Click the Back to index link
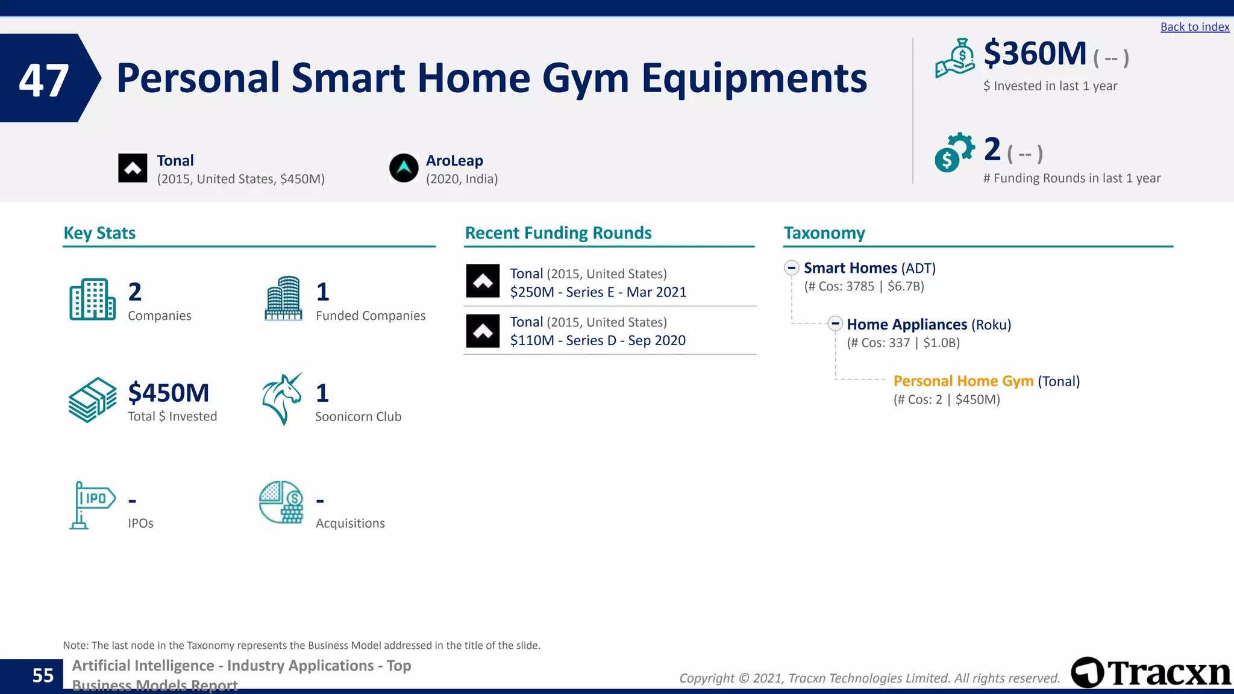coord(1194,27)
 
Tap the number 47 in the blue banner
coord(43,80)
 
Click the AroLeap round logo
coord(404,168)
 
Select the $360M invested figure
coord(1035,54)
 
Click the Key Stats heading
coord(99,233)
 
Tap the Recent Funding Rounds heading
coord(558,233)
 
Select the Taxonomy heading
coord(824,233)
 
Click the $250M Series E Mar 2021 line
coord(598,292)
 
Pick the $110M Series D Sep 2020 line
coord(598,340)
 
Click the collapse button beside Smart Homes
coord(791,267)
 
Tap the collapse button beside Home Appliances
coord(835,324)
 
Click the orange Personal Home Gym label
coord(963,381)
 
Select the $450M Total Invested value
coord(168,393)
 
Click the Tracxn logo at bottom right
coord(1150,672)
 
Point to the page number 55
coord(43,675)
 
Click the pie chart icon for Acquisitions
coord(281,502)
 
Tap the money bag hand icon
coord(955,58)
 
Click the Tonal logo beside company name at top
coord(133,168)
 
